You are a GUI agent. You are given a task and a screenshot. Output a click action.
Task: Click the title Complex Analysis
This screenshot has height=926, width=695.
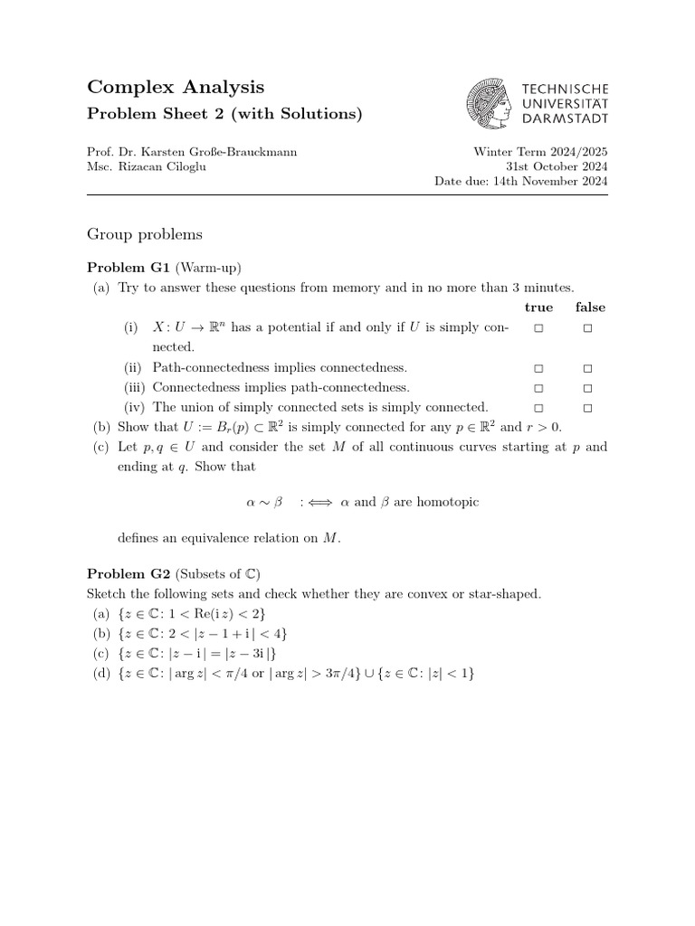point(176,87)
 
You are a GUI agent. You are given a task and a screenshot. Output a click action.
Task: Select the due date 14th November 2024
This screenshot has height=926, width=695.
point(559,181)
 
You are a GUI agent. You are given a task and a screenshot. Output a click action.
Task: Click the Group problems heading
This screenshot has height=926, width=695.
point(145,234)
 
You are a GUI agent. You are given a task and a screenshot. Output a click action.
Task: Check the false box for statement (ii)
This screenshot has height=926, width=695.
point(587,368)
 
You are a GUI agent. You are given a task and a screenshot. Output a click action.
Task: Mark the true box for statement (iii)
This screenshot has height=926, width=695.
point(538,388)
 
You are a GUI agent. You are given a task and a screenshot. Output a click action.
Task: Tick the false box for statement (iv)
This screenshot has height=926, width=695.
point(587,408)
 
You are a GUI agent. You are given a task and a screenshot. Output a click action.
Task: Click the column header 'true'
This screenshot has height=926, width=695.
point(538,307)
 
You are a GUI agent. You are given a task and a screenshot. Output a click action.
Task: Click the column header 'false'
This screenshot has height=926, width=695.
point(590,307)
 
